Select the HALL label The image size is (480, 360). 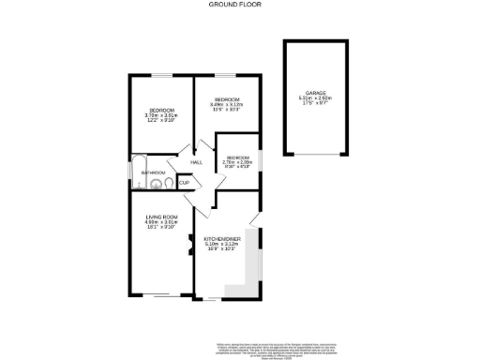pos(197,162)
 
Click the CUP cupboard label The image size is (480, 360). pos(184,183)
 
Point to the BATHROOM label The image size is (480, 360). pos(153,172)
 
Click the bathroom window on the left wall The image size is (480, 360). pos(129,172)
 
